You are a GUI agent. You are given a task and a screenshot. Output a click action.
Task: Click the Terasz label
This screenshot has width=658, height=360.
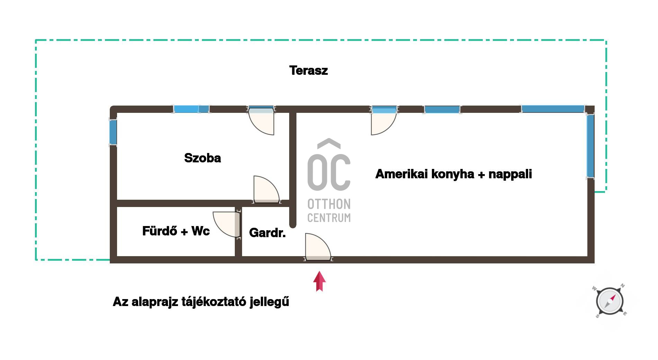pos(309,70)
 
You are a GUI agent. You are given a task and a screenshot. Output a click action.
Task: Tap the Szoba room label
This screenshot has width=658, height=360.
pos(203,158)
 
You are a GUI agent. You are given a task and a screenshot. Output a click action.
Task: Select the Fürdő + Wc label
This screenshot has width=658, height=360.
pos(176,231)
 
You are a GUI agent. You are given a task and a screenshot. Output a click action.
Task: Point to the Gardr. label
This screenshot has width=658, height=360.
pos(267,233)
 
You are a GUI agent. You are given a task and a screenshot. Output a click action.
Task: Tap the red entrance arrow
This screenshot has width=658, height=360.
pos(319,281)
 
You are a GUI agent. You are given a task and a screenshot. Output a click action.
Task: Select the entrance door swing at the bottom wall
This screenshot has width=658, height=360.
pos(318,246)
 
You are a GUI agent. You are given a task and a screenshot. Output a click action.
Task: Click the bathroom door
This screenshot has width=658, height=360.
pos(226,224)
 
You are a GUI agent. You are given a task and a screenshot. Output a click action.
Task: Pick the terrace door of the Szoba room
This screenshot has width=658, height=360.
pos(261,121)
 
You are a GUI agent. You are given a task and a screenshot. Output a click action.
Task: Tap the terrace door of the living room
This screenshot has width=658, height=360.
pos(384,121)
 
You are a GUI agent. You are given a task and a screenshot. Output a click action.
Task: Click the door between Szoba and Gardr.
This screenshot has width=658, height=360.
pos(266,189)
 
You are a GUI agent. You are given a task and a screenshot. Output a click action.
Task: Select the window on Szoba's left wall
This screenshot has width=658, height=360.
pos(113,132)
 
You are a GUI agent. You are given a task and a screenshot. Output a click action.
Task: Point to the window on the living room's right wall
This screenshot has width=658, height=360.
pos(590,146)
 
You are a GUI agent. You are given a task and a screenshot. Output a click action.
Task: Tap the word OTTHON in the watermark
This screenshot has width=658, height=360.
pos(329,204)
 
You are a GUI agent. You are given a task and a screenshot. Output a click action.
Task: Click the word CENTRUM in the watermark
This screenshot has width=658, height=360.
pos(329,218)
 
